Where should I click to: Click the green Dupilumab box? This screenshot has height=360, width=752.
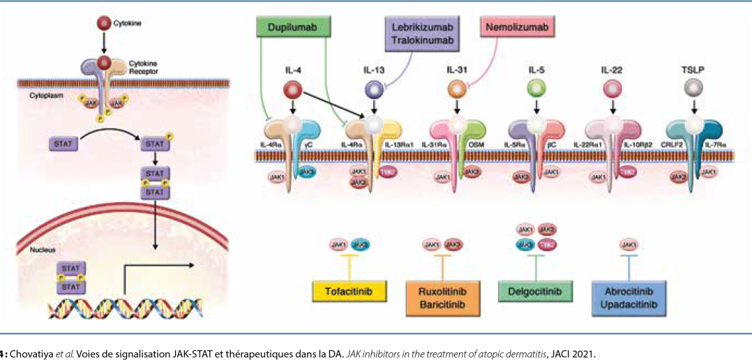point(292,29)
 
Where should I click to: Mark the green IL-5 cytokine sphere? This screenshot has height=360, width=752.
point(536,89)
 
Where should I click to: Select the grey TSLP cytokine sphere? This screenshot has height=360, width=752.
point(693,89)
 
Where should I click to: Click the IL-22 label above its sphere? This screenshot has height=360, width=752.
point(612,70)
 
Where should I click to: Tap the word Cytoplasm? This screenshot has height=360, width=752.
point(45,95)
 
